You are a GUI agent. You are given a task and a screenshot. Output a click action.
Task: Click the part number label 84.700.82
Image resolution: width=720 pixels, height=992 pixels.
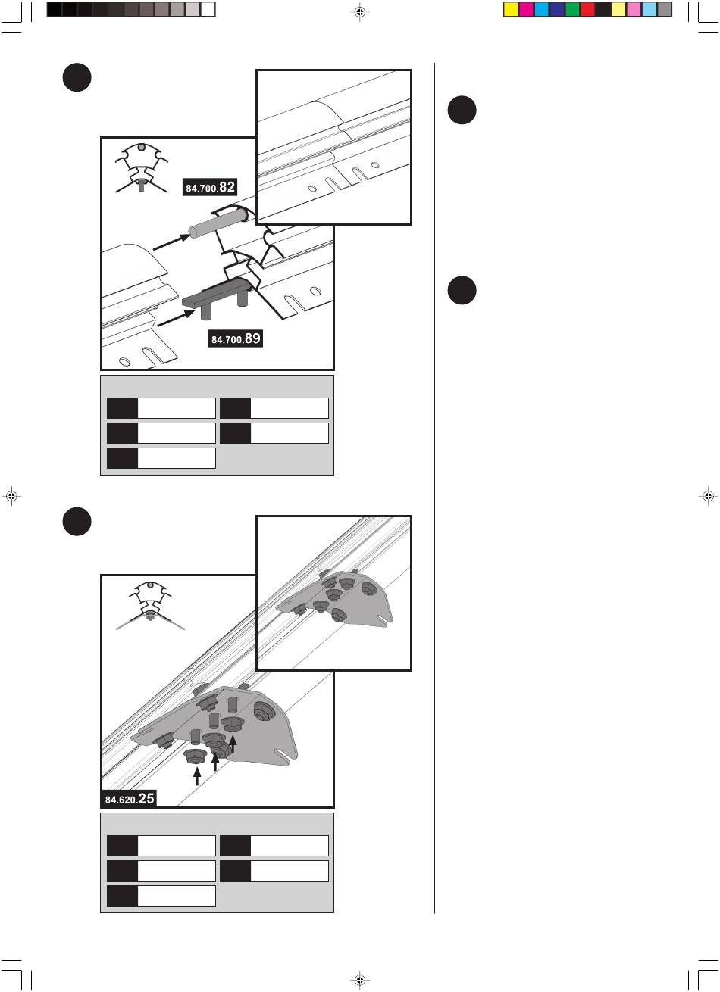[x=210, y=187]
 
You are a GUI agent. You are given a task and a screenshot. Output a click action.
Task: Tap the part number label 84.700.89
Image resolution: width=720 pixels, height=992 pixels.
[x=236, y=338]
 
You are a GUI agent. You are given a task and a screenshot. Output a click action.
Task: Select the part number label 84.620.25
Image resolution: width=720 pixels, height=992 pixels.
[x=130, y=798]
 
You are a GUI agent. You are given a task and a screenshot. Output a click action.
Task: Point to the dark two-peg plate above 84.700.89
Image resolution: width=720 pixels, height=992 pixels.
[x=218, y=298]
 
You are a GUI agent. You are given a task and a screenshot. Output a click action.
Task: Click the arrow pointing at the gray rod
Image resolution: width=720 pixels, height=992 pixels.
[x=171, y=242]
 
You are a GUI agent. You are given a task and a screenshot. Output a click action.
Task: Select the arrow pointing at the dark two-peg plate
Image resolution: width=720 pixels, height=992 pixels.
[x=176, y=318]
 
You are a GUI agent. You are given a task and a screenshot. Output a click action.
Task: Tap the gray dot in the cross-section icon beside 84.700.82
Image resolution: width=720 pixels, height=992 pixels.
[x=141, y=147]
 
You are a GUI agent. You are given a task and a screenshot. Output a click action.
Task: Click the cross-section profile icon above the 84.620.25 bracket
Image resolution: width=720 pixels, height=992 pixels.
[x=150, y=605]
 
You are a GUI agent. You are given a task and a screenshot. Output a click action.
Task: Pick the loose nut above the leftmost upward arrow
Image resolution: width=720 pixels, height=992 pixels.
[x=194, y=756]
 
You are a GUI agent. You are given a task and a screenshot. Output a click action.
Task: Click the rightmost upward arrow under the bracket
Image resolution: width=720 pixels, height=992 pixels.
[x=233, y=744]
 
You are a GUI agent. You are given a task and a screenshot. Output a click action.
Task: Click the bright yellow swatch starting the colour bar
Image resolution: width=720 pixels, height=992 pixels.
[x=511, y=9]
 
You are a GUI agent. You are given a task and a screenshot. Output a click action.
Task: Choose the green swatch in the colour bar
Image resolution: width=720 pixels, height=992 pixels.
[x=572, y=9]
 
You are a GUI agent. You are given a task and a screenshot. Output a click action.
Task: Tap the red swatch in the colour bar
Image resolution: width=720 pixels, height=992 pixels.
[x=587, y=9]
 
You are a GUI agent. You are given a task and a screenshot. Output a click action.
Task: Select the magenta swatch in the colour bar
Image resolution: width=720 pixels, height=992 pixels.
[x=526, y=9]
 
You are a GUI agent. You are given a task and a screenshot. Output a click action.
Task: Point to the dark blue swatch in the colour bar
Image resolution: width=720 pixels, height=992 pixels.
[x=557, y=9]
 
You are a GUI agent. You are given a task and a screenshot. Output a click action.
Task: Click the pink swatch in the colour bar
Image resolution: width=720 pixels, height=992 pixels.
[x=634, y=9]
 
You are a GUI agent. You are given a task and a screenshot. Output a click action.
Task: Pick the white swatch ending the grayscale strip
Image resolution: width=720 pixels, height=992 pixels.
[x=208, y=9]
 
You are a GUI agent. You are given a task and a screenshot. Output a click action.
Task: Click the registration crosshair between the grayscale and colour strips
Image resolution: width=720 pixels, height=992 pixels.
[x=360, y=12]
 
